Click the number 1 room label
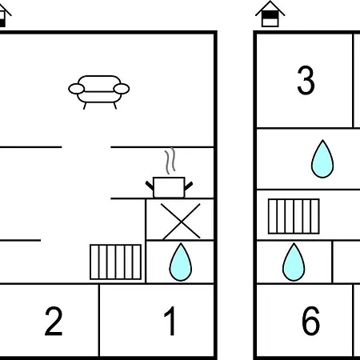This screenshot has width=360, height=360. coord(170,321)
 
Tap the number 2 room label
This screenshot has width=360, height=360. coord(54,321)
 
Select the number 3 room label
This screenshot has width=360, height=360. coord(306,80)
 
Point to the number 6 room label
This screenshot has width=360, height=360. coord(310,321)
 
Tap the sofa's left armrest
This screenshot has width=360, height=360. coord(77,89)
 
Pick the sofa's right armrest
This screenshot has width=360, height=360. coord(122,89)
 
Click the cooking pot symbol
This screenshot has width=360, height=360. coord(169,187)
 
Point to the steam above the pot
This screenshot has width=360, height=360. coord(170,161)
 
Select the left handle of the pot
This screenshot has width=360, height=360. coord(150,186)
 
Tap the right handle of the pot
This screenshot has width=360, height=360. coord(189,186)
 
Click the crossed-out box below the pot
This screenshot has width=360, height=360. coord(180,220)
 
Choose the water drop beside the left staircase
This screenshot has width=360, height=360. coord(181,262)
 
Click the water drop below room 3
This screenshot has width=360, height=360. coord(322,159)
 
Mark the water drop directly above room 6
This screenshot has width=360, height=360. coord(294,262)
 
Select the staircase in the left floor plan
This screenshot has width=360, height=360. coord(116,262)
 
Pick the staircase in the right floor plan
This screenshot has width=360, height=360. coord(294,216)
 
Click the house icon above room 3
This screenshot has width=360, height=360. coord(270,14)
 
